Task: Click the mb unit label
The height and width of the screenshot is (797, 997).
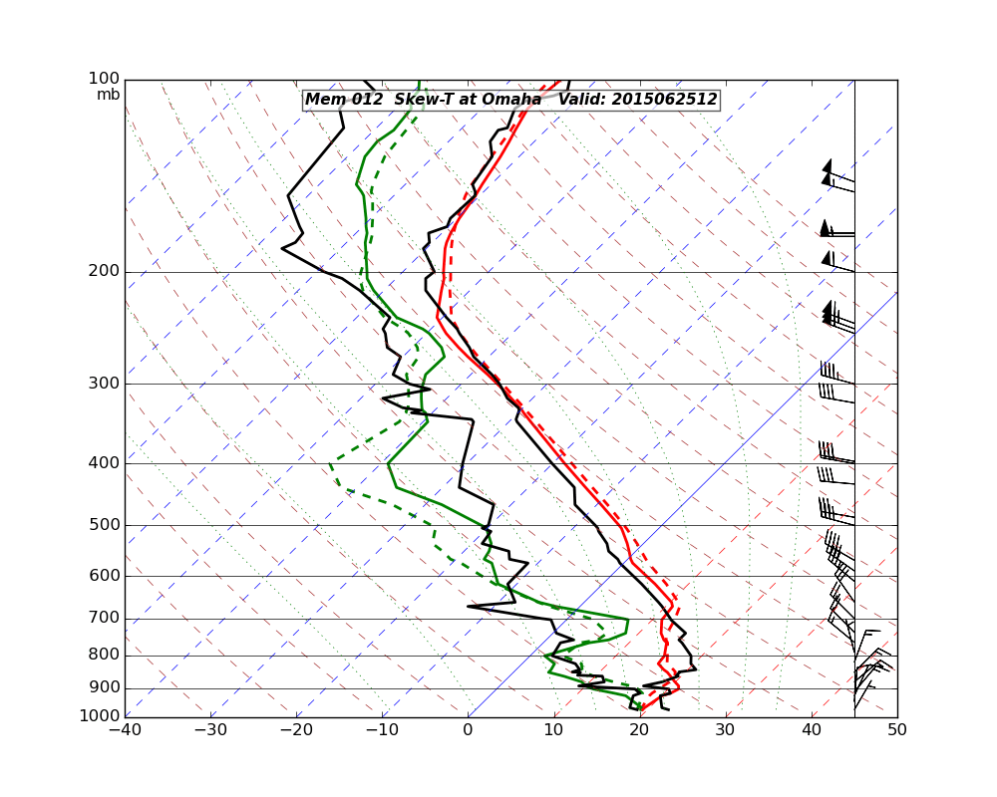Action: [x=108, y=95]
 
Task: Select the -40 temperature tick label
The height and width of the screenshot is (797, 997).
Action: [x=125, y=730]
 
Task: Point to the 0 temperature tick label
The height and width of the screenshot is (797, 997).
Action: [x=468, y=730]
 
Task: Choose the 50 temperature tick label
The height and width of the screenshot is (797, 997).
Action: [x=897, y=730]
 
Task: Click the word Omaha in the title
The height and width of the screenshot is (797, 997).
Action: [x=509, y=100]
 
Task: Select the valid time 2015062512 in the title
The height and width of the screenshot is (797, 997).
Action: [x=664, y=100]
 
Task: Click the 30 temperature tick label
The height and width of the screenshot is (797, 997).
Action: [x=725, y=730]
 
